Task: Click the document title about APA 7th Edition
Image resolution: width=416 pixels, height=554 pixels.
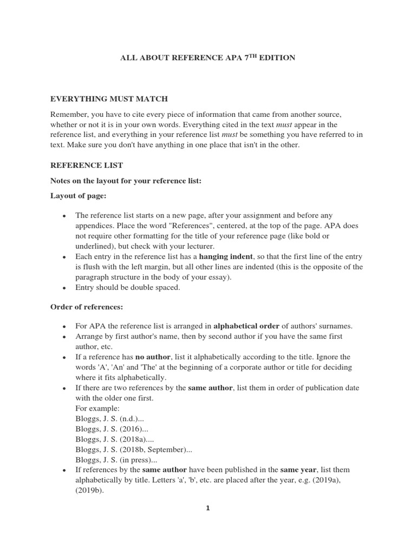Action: [207, 58]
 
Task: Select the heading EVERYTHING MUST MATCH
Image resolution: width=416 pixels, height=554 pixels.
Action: [109, 99]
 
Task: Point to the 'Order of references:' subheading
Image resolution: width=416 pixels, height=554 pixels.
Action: [87, 307]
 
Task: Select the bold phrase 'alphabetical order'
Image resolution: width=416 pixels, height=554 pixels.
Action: [246, 326]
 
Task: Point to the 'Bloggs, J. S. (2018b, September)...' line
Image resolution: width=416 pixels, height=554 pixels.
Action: [134, 450]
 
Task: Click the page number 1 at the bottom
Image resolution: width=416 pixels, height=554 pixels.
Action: [207, 508]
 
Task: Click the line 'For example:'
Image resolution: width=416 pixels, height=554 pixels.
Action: [98, 408]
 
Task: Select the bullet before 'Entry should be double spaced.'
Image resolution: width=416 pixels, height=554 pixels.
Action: [64, 288]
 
